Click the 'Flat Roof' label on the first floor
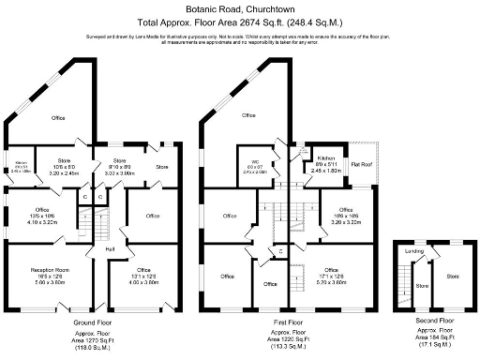click(x=361, y=164)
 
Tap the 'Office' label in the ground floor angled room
click(x=57, y=118)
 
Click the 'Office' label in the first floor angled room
click(x=248, y=115)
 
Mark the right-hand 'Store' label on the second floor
click(x=452, y=277)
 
